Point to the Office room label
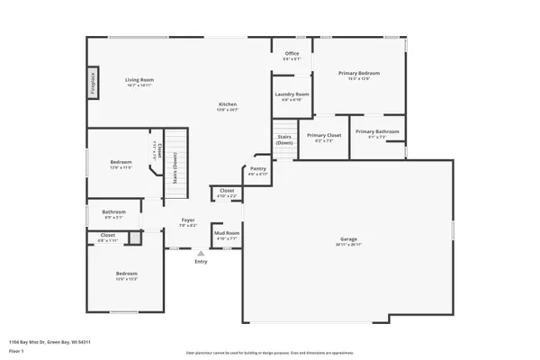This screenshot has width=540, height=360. click(x=292, y=54)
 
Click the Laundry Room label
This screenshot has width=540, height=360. click(x=292, y=94)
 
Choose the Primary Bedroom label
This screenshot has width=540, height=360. click(x=358, y=73)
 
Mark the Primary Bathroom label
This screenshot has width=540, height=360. click(x=383, y=132)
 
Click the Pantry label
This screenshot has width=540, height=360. click(x=258, y=168)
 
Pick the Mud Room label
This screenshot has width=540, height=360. click(x=227, y=233)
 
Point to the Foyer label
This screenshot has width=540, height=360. click(x=188, y=220)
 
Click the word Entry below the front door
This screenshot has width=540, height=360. click(x=201, y=262)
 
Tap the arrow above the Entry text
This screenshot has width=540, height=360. click(x=201, y=254)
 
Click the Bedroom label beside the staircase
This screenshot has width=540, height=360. click(x=121, y=163)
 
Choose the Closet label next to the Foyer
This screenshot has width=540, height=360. click(x=227, y=191)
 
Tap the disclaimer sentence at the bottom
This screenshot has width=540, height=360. click(x=270, y=353)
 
